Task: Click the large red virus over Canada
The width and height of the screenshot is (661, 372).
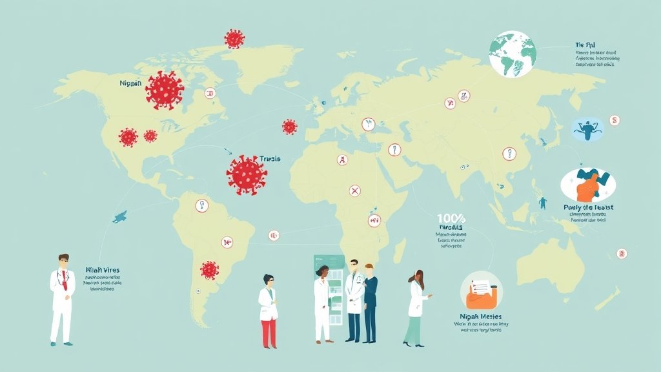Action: [165, 90]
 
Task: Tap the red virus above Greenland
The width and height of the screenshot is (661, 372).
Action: [234, 38]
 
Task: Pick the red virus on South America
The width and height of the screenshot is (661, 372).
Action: [209, 269]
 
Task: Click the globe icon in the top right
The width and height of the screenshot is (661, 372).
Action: [513, 54]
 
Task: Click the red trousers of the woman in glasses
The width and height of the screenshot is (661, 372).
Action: [269, 331]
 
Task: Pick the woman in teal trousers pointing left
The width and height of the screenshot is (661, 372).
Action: [416, 307]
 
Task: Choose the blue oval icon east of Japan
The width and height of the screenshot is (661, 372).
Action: [588, 129]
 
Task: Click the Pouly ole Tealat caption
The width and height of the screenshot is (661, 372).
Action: [588, 207]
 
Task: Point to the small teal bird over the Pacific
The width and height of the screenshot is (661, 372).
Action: [119, 218]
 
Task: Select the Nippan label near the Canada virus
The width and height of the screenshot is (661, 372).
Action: [132, 83]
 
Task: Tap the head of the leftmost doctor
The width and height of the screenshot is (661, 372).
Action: [63, 261]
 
